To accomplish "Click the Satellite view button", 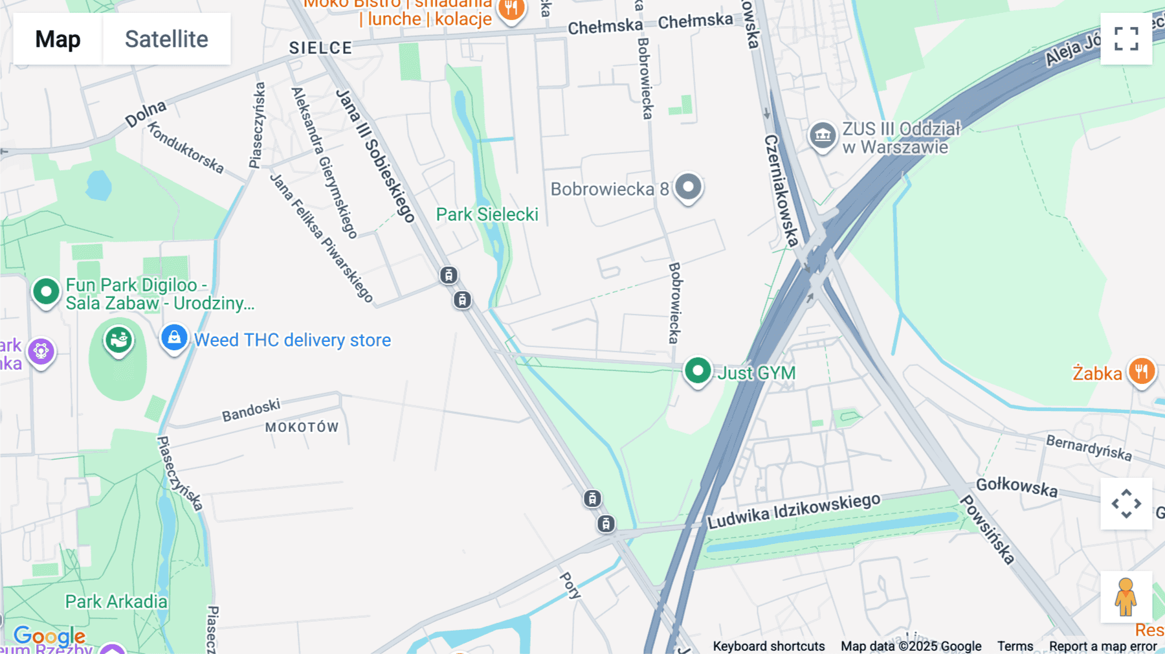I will (166, 39).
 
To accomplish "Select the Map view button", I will (58, 39).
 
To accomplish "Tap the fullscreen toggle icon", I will (1126, 39).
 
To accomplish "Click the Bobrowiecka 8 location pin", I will (688, 188).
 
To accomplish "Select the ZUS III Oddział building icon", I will (823, 136).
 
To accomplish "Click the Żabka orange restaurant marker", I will (1141, 372).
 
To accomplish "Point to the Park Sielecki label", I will (487, 214).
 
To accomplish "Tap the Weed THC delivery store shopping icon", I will (174, 338).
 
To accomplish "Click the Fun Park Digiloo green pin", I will (46, 292).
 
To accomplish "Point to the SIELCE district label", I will (320, 48).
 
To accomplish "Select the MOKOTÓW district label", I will (302, 427).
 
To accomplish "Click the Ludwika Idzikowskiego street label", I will (793, 511).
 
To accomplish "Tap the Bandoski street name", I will (251, 410).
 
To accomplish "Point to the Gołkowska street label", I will (1016, 487).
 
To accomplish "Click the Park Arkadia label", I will (116, 602).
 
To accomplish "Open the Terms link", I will (1015, 646).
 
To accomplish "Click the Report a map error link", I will (1102, 646).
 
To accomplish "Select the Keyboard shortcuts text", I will (768, 646).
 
